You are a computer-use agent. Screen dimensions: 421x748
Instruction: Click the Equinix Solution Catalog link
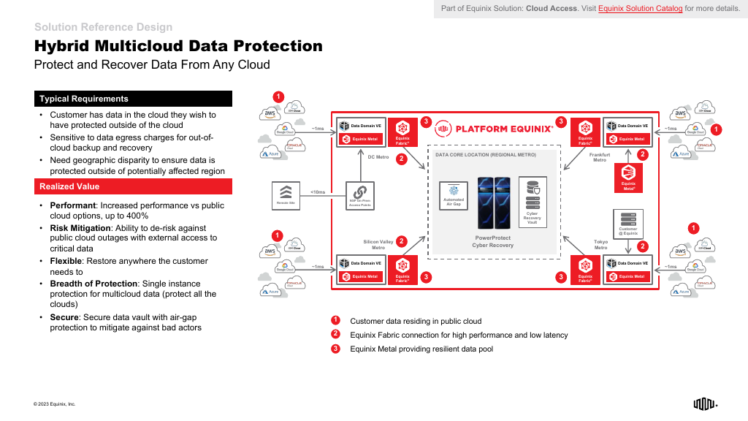point(640,9)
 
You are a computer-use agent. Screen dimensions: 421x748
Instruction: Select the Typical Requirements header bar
point(134,99)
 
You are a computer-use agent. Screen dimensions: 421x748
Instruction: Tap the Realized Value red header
point(134,187)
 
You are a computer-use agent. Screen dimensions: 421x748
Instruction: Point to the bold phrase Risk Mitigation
point(79,228)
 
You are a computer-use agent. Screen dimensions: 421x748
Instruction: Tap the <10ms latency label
point(318,192)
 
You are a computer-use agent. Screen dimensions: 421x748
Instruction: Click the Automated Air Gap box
point(454,196)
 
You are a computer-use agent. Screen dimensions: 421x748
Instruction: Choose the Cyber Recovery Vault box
point(532,200)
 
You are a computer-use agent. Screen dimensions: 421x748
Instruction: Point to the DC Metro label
point(378,157)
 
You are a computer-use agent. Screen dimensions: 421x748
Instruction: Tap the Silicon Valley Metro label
point(378,244)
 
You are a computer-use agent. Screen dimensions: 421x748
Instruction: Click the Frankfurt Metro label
point(599,157)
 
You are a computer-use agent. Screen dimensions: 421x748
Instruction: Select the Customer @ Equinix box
point(628,223)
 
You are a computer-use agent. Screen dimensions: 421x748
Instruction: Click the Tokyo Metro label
point(600,244)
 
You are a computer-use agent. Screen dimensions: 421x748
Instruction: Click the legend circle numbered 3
point(335,349)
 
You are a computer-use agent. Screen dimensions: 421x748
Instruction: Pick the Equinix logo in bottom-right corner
point(705,403)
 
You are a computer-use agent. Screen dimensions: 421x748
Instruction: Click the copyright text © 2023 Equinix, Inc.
point(54,404)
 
